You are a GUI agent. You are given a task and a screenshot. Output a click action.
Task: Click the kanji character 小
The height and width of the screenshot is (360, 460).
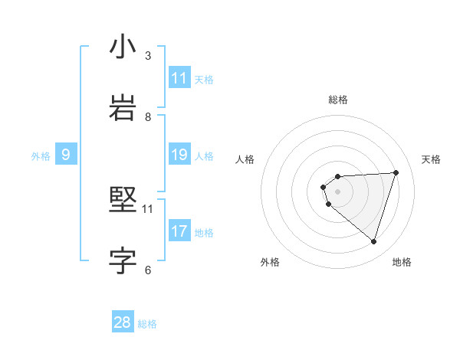tap(123, 47)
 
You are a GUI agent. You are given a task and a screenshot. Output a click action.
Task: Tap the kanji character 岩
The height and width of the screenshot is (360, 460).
tap(123, 109)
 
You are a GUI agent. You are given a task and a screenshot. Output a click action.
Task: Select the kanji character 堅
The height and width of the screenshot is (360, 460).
tap(123, 201)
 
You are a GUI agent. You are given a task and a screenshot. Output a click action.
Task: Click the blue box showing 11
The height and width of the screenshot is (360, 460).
tap(179, 78)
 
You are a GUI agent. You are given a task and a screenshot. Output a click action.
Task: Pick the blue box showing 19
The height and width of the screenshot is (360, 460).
tap(179, 155)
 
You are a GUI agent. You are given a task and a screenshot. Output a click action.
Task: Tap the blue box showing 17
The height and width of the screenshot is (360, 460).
tap(179, 231)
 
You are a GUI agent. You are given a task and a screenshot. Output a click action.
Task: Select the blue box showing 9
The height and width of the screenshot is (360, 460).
tap(66, 155)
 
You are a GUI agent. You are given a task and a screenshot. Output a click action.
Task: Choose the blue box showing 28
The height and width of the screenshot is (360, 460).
tap(123, 322)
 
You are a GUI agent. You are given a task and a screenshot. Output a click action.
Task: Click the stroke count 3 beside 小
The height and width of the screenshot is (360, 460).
tap(148, 56)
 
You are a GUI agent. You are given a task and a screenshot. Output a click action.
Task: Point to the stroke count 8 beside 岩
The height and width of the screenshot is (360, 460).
tap(148, 117)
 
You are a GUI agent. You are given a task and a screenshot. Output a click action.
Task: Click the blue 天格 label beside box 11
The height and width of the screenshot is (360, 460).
tap(204, 79)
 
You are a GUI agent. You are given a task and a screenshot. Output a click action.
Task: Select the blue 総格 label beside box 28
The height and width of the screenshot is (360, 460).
tap(147, 324)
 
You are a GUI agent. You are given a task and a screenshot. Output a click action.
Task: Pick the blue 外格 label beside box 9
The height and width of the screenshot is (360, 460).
tap(41, 156)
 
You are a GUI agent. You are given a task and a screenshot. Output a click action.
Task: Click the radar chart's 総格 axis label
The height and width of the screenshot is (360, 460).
tap(338, 100)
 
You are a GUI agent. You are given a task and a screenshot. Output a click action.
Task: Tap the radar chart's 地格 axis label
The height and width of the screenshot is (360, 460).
tap(402, 262)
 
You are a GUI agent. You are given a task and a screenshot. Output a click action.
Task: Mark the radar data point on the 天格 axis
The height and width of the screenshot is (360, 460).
tap(396, 172)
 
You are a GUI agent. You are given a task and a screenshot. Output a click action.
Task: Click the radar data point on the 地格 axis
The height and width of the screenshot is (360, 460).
tap(373, 241)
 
